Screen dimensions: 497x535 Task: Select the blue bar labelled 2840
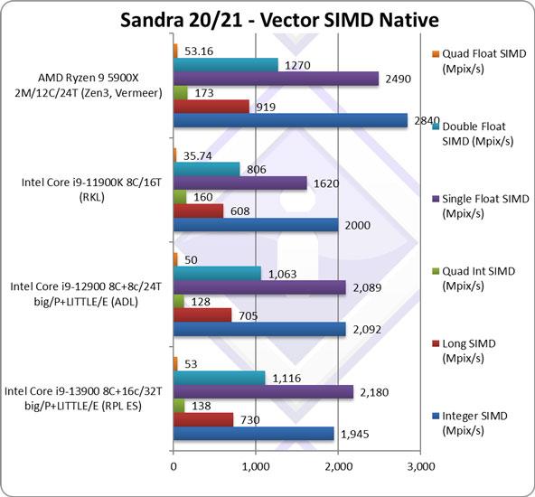(290, 121)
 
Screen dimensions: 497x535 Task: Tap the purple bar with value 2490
(276, 79)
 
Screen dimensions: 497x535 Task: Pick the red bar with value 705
(202, 314)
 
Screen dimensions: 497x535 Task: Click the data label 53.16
(199, 50)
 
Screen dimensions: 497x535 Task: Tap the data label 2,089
(369, 286)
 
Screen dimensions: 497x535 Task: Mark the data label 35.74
(198, 155)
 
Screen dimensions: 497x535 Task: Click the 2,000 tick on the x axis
(338, 468)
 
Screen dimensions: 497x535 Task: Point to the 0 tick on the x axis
(174, 468)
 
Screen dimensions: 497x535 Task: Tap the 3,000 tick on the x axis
(421, 468)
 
